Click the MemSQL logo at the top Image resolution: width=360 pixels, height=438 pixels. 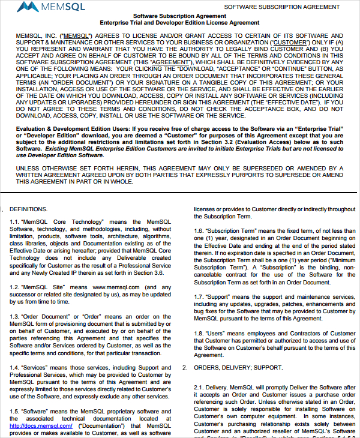[46, 7]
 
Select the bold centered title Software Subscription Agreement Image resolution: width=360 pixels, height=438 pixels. [179, 16]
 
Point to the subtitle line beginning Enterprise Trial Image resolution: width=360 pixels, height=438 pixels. [179, 23]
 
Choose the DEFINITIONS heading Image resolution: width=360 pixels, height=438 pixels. [28, 209]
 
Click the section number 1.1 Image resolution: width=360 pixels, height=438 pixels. [14, 221]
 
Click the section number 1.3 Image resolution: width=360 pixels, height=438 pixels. [14, 316]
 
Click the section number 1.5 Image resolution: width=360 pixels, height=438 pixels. [14, 411]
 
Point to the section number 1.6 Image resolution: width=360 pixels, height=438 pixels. [199, 230]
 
